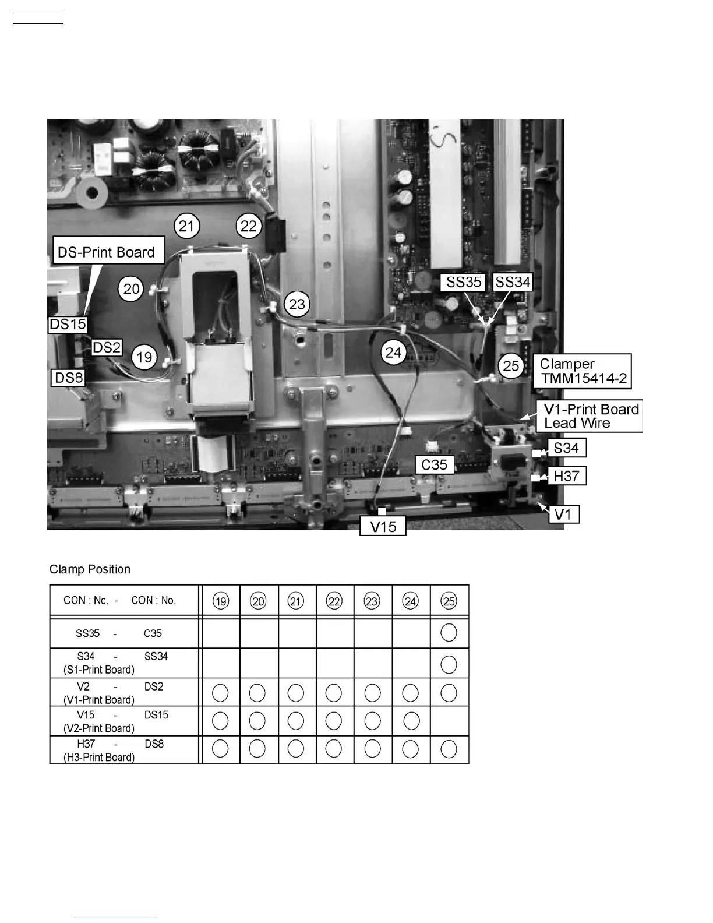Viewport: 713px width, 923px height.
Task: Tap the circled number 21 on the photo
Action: coord(186,226)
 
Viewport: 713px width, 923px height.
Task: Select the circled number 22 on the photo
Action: coord(249,226)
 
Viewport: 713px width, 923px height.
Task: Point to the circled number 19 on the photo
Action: coord(144,356)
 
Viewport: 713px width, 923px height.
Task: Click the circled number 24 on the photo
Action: coord(394,352)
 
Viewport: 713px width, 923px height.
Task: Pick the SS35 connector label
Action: coord(464,283)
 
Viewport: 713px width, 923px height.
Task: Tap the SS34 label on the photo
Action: coord(513,283)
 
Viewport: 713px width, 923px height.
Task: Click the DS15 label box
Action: coord(68,323)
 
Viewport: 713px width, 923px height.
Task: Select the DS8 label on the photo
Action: coord(69,378)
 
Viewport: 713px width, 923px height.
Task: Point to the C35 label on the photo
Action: coord(435,464)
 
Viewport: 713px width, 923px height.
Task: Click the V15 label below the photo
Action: coord(383,527)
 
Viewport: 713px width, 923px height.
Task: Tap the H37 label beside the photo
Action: coord(566,476)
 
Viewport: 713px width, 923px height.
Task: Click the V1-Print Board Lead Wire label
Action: coord(591,416)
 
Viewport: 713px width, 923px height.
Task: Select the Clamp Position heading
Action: coord(90,569)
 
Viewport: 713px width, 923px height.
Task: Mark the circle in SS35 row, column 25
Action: coord(449,633)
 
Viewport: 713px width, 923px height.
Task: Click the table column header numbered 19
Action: coord(221,601)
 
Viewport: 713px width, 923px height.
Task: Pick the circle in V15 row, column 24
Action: coord(411,721)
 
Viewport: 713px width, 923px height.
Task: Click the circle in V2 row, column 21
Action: coord(296,693)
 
